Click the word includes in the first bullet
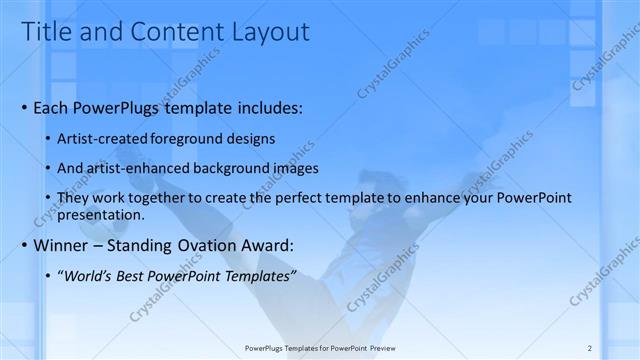tap(265, 108)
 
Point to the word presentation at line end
tap(103, 215)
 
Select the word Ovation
tap(195, 246)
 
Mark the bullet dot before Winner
tap(24, 246)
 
